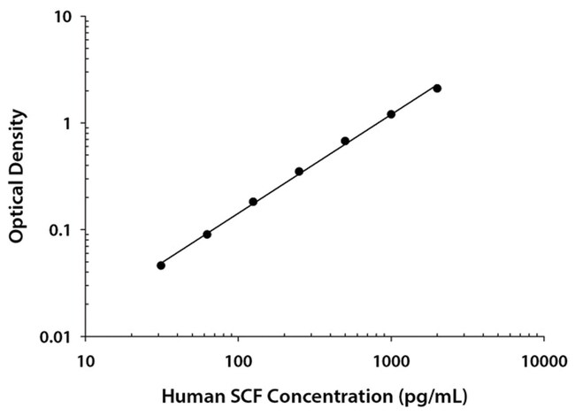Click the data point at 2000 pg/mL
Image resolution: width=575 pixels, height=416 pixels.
point(437,89)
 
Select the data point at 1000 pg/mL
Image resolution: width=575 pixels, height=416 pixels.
point(391,114)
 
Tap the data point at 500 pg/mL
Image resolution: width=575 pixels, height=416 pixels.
point(345,141)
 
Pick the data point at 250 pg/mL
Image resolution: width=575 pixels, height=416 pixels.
point(299,172)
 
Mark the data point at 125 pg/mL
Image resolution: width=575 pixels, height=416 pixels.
point(253,202)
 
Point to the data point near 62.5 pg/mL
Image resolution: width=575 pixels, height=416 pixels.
point(207,235)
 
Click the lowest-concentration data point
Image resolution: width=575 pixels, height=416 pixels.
point(161,266)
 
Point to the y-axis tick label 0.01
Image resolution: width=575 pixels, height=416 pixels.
point(58,337)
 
